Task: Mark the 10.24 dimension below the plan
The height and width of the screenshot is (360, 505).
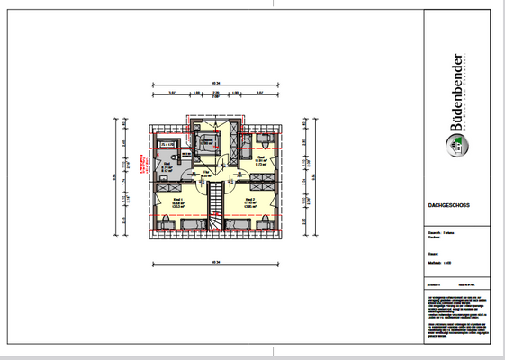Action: [x=214, y=263]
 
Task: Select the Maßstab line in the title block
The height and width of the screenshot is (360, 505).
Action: [x=442, y=263]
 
